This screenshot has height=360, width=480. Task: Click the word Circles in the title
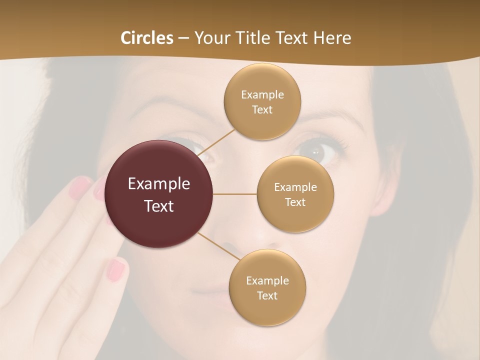pos(146,38)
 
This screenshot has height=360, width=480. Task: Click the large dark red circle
pos(159,194)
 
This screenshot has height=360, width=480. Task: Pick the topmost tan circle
pos(262,101)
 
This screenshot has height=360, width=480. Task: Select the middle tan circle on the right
pos(295,194)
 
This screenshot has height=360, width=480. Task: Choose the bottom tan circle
pos(267,287)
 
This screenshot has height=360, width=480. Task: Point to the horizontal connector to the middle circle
pos(235,194)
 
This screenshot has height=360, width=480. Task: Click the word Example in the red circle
pos(159,184)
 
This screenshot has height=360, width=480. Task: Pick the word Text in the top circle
pos(262,109)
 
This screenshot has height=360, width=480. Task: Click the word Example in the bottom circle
pos(267,280)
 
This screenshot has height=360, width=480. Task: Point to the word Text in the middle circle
pos(295,202)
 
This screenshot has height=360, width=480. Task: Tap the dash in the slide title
pos(183,38)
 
